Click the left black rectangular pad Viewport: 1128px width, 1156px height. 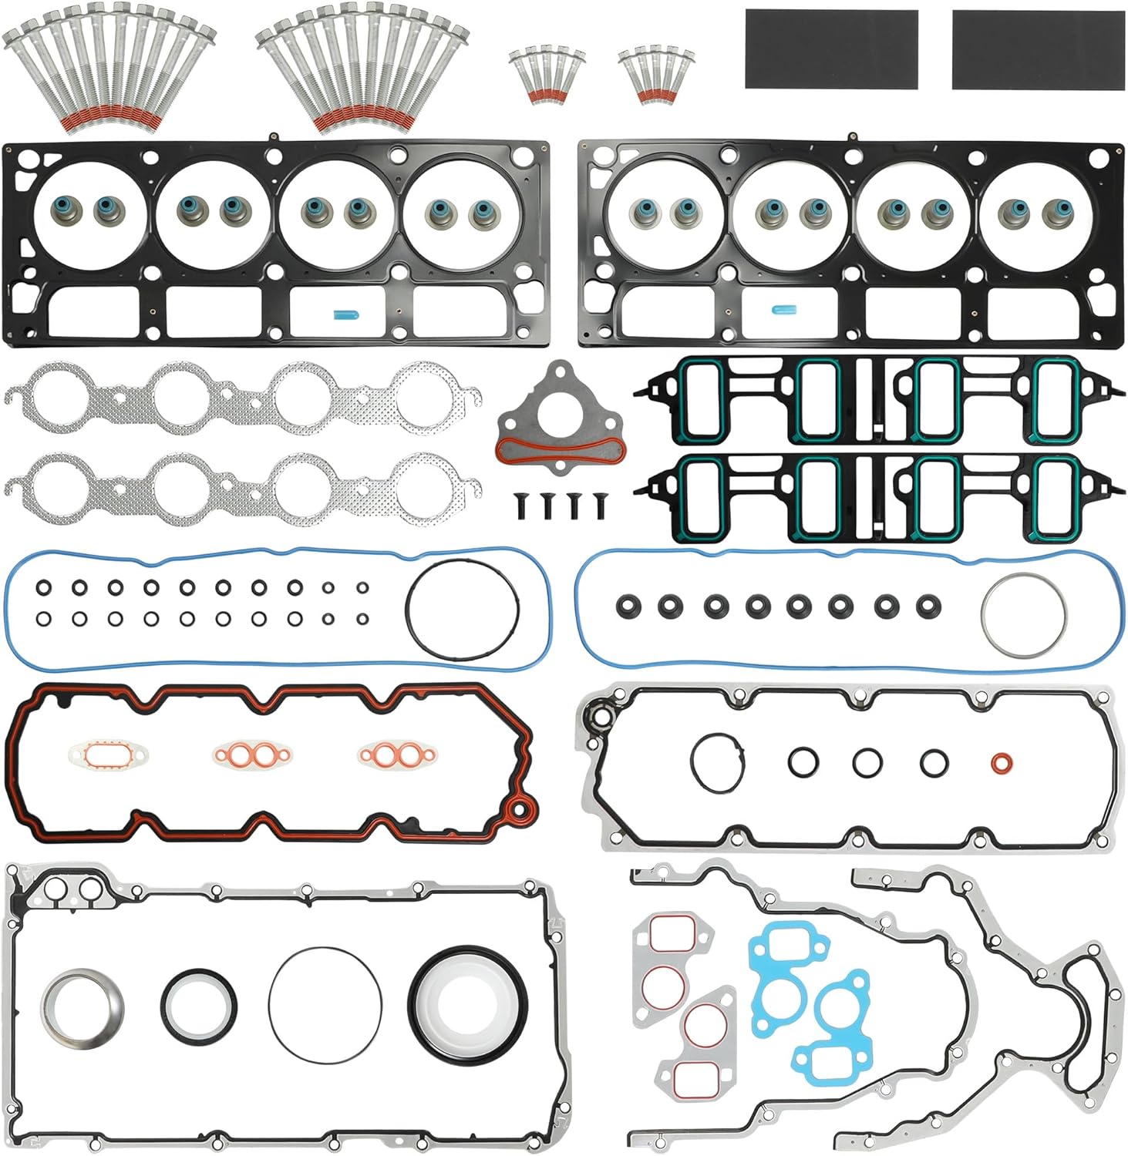point(831,49)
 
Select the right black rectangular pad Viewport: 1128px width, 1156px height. point(1038,49)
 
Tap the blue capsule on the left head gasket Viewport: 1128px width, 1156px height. point(341,314)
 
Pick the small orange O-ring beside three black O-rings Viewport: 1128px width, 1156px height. point(1002,763)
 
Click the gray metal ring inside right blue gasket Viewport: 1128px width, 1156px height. point(1024,615)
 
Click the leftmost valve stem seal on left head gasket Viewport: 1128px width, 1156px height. point(60,208)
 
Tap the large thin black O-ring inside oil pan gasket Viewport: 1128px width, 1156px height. point(325,1005)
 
